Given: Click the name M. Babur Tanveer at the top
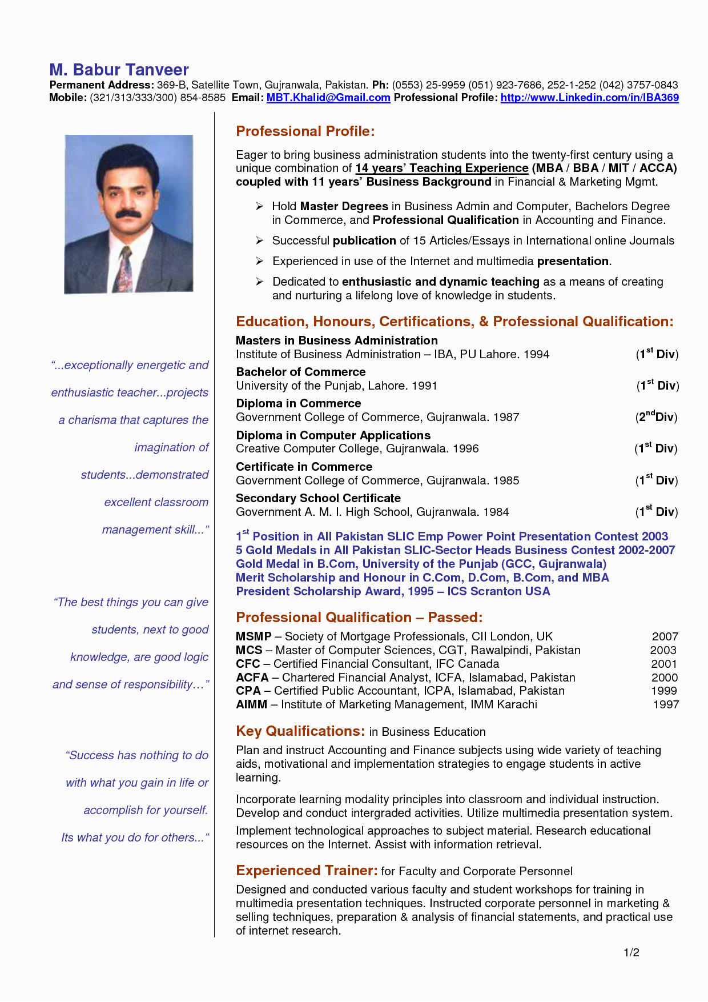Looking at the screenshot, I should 119,70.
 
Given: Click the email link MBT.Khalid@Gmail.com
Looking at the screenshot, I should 328,98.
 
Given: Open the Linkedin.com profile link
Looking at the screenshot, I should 589,98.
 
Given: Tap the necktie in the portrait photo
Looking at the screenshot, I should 126,268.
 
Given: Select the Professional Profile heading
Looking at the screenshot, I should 305,131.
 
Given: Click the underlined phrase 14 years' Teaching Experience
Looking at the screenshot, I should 441,168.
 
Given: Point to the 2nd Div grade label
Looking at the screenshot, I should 656,416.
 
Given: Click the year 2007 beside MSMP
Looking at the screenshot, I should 665,636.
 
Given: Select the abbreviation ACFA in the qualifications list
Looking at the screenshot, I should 252,678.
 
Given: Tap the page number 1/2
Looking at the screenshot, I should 631,952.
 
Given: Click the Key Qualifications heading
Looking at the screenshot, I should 300,731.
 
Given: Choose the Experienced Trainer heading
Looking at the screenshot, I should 307,871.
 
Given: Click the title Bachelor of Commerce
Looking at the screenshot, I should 300,372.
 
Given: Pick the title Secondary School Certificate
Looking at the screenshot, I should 318,498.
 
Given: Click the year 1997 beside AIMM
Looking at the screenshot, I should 666,704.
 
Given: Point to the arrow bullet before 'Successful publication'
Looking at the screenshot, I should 259,241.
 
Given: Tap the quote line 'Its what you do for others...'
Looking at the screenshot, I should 135,837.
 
